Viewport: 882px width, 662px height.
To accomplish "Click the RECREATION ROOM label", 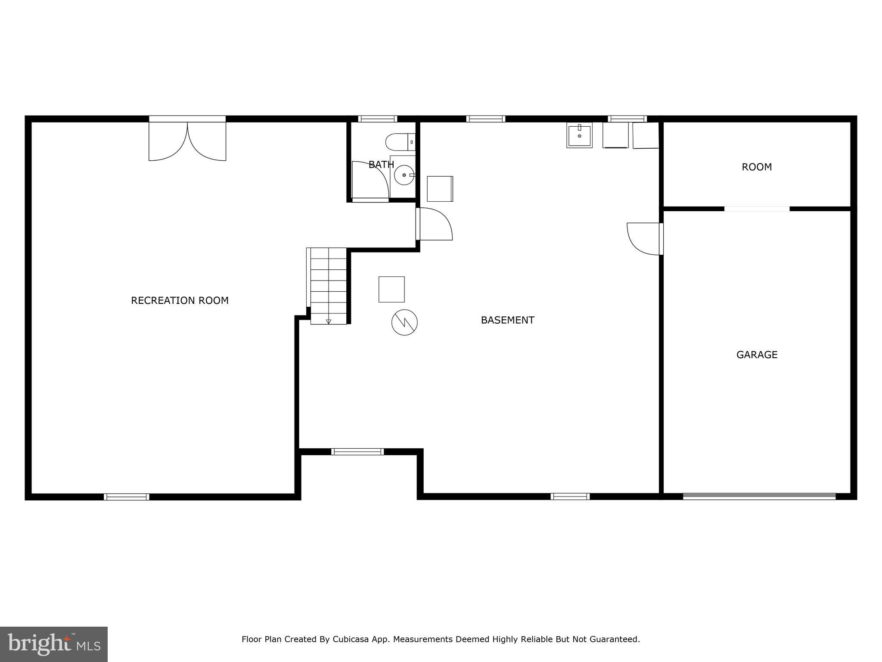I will click(180, 300).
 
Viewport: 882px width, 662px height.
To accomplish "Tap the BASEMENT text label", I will click(507, 320).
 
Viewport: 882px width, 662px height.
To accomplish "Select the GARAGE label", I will click(757, 355).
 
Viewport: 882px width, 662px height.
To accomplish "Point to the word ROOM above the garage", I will click(757, 167).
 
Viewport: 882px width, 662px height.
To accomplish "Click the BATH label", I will click(381, 165).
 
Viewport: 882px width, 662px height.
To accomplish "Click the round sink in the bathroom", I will click(404, 175).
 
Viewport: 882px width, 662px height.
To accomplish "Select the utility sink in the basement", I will click(579, 135).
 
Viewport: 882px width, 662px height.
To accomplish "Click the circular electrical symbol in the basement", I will click(404, 322).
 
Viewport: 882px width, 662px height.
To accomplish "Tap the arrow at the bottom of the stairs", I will click(329, 321).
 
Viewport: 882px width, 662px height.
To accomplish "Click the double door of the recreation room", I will click(187, 140).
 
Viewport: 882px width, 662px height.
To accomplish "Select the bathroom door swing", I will click(370, 180).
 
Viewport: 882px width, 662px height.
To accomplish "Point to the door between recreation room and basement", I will click(434, 224).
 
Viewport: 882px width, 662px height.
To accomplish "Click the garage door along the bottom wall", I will click(759, 496).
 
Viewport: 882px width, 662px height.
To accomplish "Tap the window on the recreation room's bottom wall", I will click(127, 497).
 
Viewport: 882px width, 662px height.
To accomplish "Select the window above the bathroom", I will click(378, 119).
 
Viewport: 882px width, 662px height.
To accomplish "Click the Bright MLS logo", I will click(54, 644).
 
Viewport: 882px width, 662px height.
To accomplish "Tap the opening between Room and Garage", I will click(757, 209).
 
